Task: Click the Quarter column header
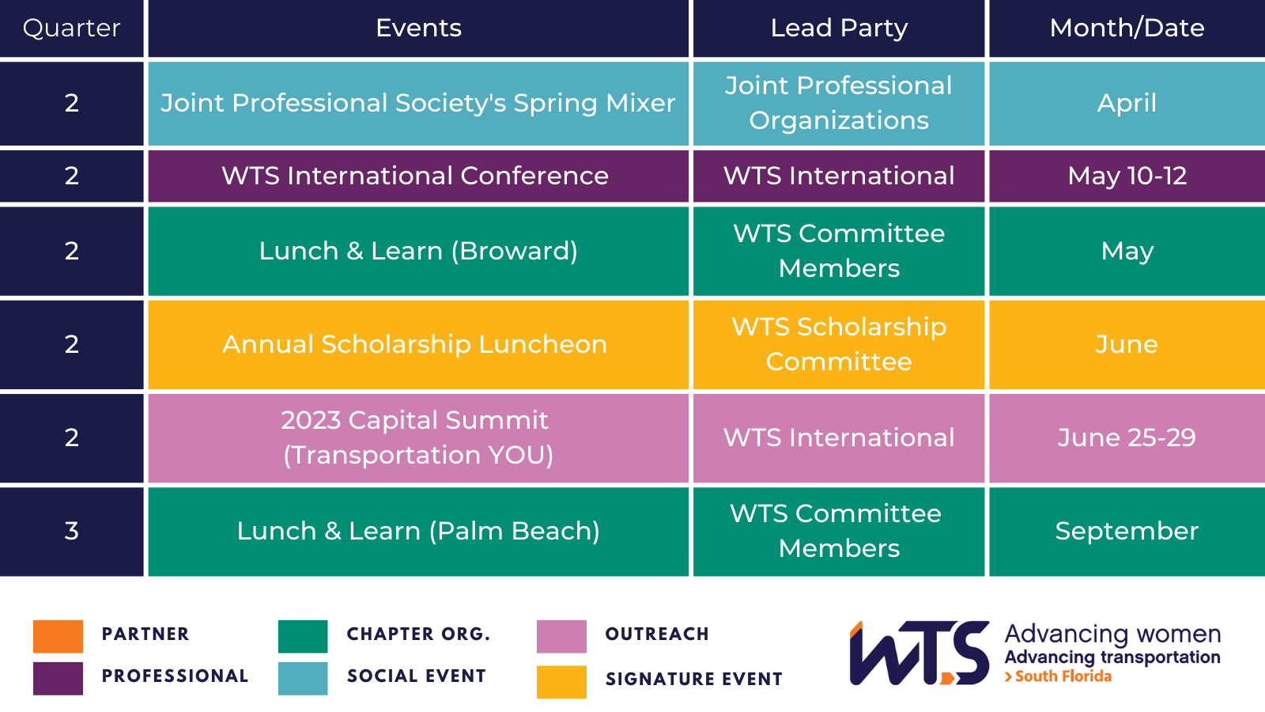click(x=72, y=28)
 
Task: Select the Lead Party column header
click(x=839, y=28)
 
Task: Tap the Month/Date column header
click(x=1127, y=28)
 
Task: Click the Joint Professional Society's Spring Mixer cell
click(x=418, y=104)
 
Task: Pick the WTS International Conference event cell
click(x=418, y=176)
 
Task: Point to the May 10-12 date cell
click(x=1127, y=176)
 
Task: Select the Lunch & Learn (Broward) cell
click(x=418, y=251)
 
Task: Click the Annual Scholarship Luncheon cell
click(x=418, y=344)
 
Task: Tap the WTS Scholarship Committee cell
click(x=839, y=344)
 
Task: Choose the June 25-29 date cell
click(x=1127, y=438)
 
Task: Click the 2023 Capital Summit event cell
click(x=418, y=438)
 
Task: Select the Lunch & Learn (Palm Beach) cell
click(x=418, y=531)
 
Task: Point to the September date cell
click(x=1127, y=531)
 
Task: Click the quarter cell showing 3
click(x=72, y=531)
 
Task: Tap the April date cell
click(x=1127, y=104)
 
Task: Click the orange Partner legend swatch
click(x=59, y=636)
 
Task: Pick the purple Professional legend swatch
click(x=59, y=678)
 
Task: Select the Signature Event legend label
click(x=694, y=679)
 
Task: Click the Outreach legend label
click(x=657, y=634)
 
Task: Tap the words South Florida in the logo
click(x=1063, y=676)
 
